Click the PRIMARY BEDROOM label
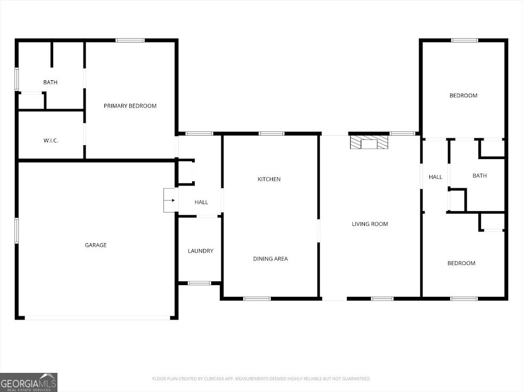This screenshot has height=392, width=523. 130,106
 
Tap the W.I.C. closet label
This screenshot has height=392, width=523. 51,140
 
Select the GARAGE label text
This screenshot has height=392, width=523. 96,245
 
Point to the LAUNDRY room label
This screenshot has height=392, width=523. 201,251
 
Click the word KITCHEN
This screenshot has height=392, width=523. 269,179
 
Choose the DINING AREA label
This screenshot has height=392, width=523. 270,259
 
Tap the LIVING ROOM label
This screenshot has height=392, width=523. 370,224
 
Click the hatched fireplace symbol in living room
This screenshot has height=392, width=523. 369,142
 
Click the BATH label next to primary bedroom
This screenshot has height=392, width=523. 51,82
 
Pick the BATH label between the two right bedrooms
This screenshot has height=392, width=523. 479,176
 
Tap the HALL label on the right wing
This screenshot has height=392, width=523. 436,177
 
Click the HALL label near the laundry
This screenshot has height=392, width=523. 201,202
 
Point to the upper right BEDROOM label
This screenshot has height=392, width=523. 463,96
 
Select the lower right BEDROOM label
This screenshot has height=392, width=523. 461,263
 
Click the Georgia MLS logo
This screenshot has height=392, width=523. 29,382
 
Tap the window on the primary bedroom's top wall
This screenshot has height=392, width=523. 130,40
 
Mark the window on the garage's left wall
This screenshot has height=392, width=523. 16,230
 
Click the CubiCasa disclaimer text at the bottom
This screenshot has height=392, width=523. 261,379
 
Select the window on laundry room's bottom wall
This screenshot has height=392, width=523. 200,283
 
